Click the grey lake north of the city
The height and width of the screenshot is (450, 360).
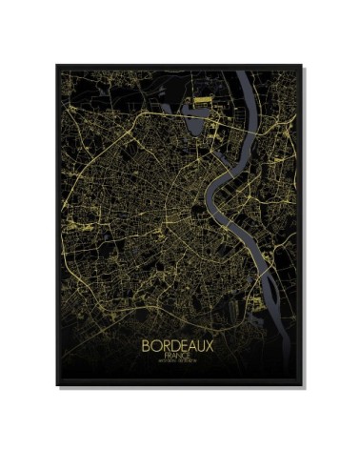click(x=202, y=119)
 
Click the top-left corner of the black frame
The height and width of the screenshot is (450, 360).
click(x=56, y=66)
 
